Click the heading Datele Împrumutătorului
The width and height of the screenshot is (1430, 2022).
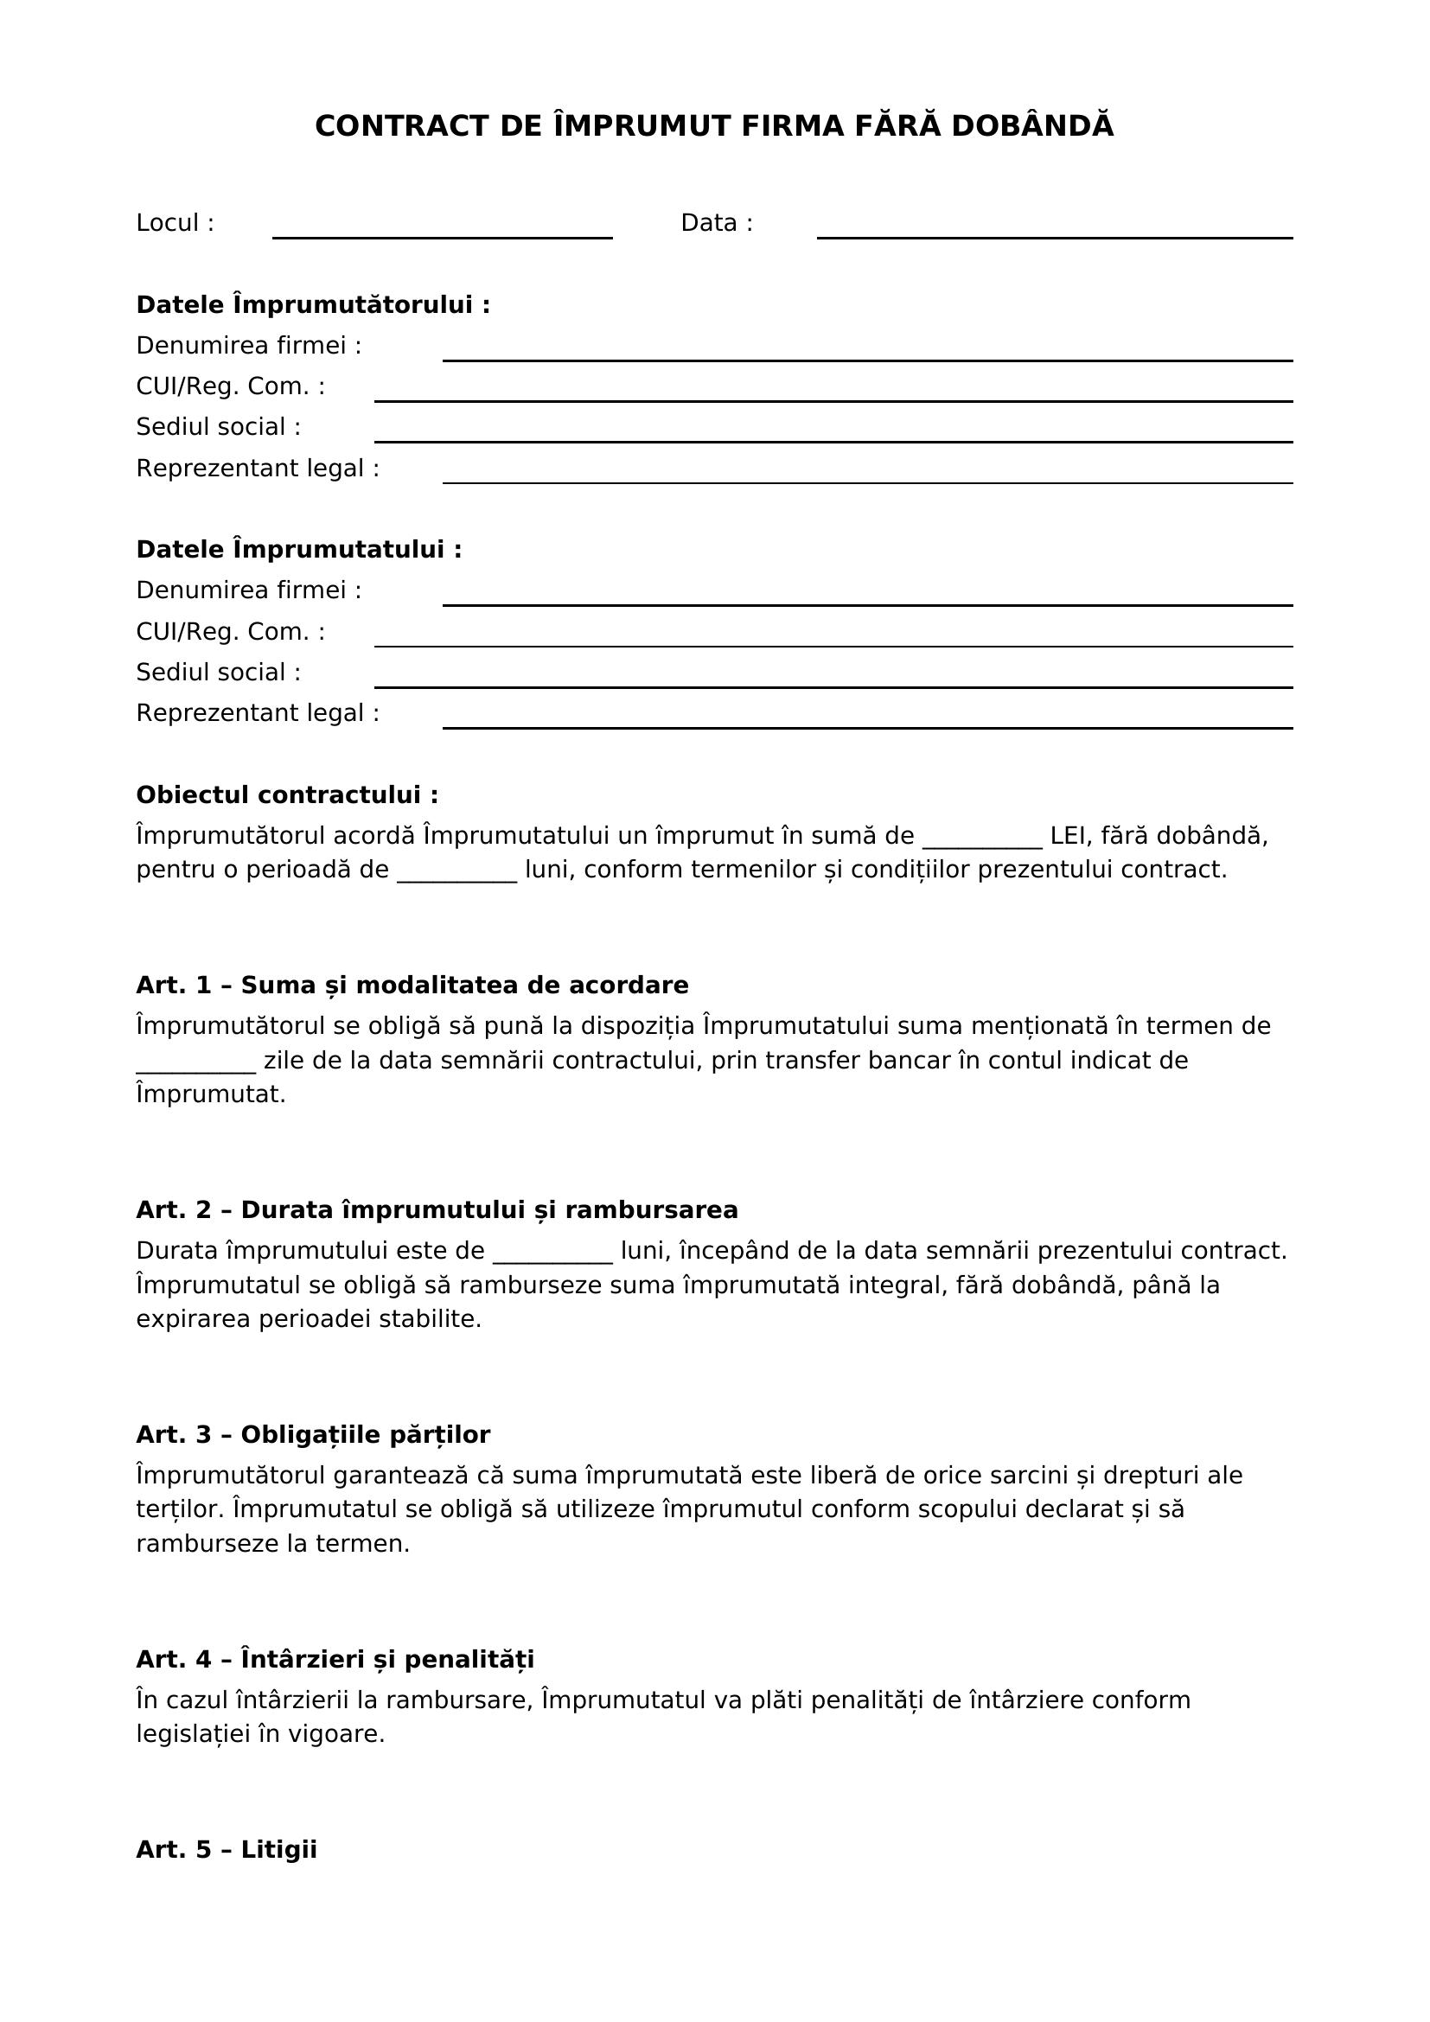(313, 304)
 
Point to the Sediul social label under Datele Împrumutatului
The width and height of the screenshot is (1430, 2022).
(219, 672)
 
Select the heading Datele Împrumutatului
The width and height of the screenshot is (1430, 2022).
(298, 550)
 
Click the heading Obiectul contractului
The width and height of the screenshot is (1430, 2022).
(287, 794)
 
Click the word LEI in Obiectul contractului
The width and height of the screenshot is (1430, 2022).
(1068, 835)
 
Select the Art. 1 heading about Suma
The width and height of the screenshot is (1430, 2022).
(412, 985)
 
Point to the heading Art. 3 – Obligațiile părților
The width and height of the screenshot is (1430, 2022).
(313, 1435)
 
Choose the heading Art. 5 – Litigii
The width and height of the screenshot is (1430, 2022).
(227, 1849)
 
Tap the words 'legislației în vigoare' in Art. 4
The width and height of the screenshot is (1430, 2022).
(260, 1734)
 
